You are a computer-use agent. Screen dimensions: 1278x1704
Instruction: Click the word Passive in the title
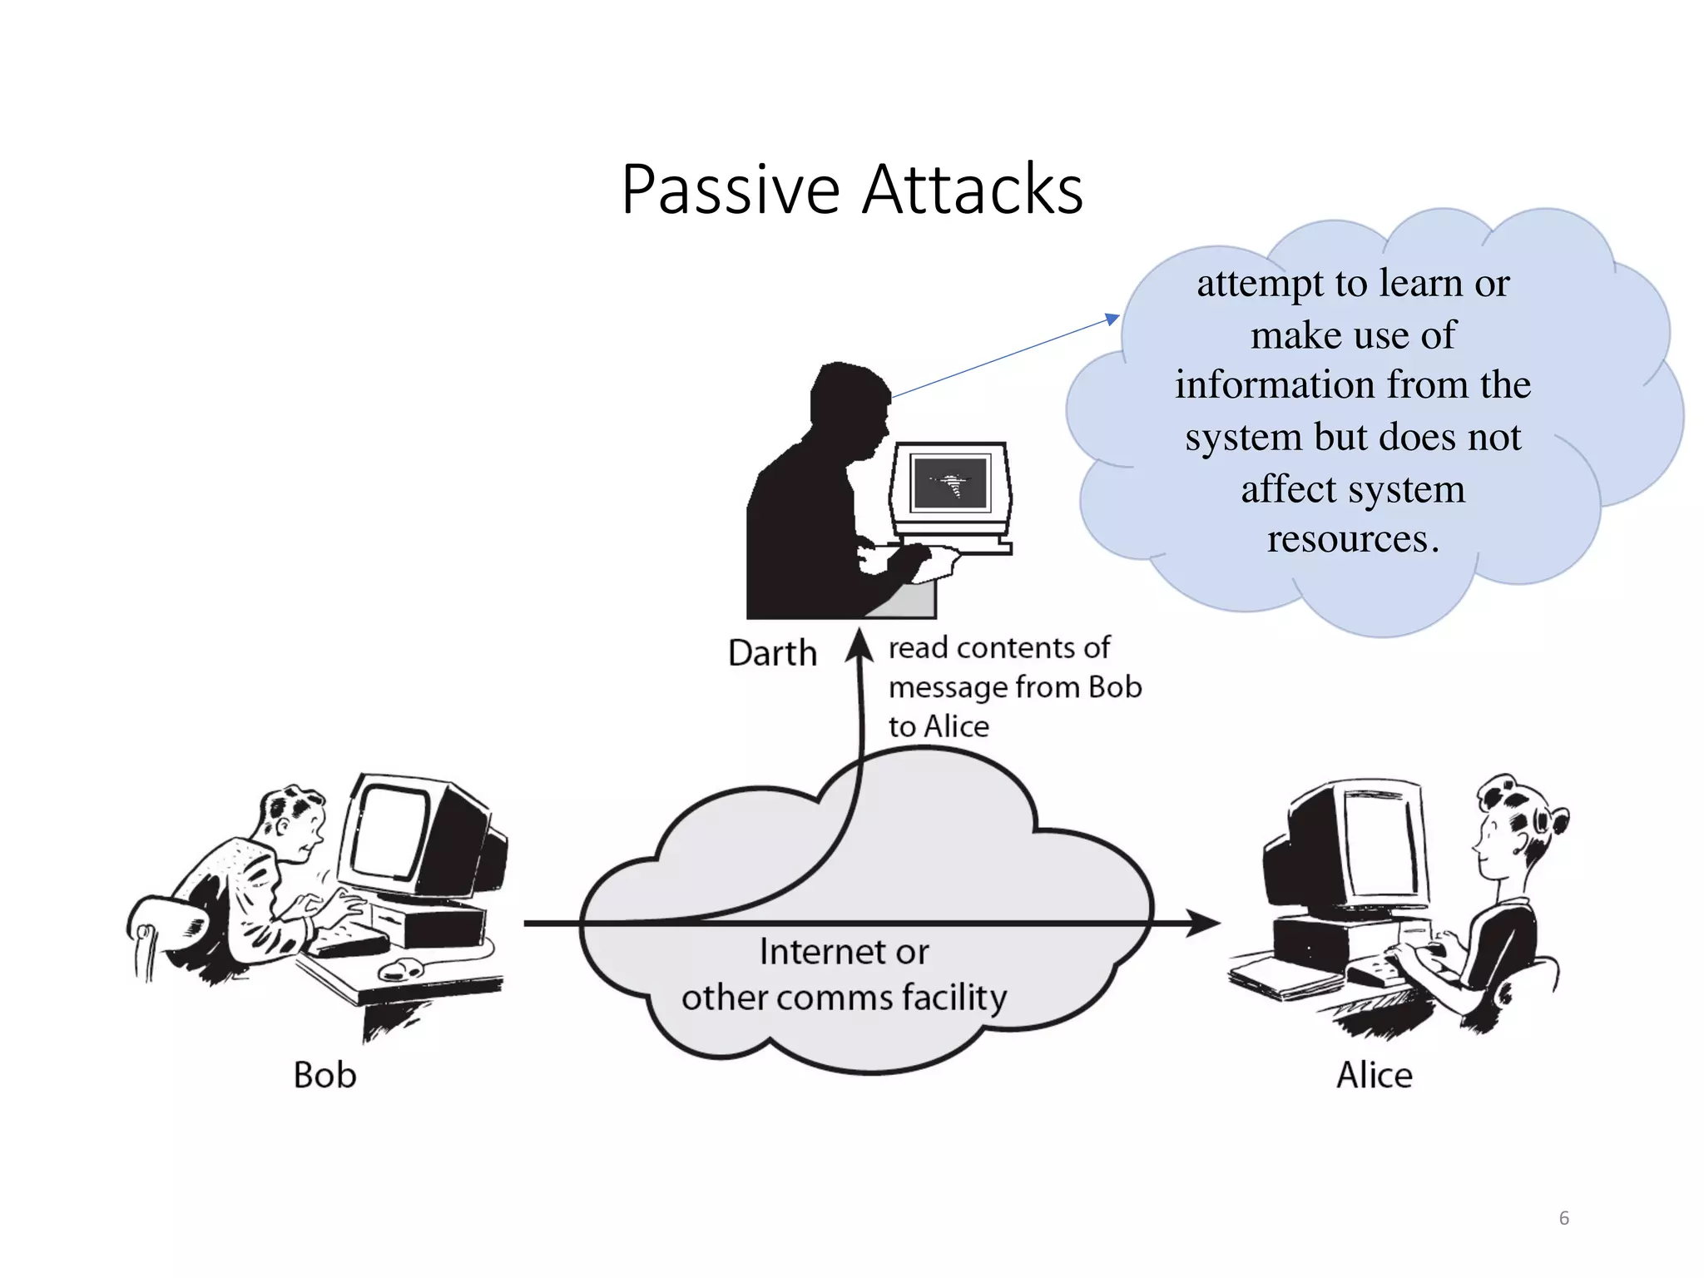point(731,191)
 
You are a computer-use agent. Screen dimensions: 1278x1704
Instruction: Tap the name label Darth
point(772,653)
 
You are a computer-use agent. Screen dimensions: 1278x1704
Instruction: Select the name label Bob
point(324,1075)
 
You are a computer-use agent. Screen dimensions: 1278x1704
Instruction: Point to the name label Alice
point(1374,1075)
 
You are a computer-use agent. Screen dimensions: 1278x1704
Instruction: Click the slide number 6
point(1563,1218)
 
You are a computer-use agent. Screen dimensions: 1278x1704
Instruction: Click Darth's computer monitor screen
point(950,483)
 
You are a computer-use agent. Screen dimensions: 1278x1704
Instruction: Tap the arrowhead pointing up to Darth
point(859,646)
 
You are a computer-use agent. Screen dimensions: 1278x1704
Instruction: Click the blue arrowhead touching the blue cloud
point(1112,319)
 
